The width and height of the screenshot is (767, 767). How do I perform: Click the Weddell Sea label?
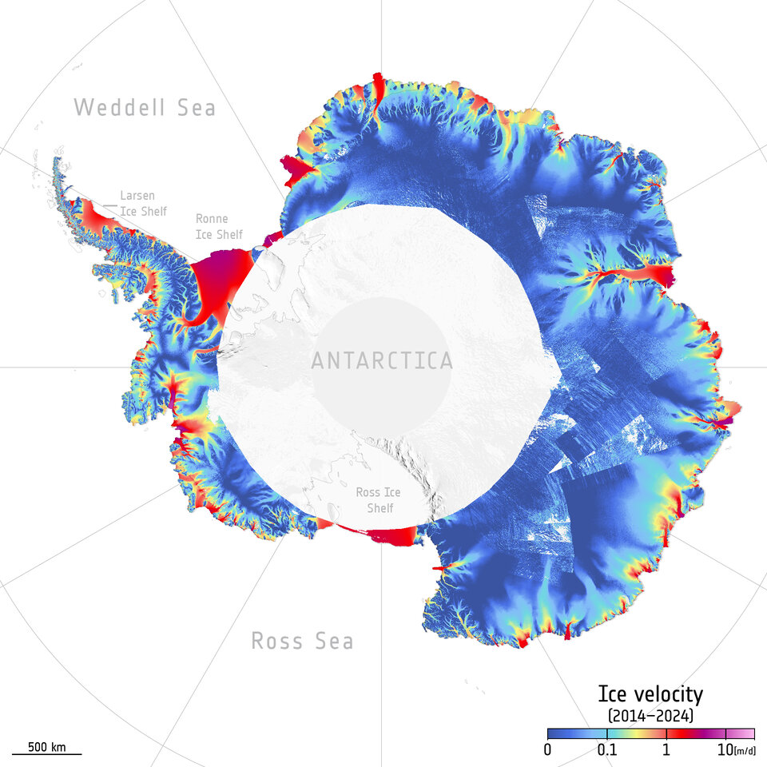[145, 107]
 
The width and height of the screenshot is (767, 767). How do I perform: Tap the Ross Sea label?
[302, 641]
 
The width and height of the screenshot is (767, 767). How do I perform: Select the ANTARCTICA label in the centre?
[381, 361]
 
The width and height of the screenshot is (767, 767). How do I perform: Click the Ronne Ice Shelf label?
[212, 226]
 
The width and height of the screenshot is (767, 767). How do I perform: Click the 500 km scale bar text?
[46, 747]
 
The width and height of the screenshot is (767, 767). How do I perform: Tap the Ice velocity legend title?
[650, 693]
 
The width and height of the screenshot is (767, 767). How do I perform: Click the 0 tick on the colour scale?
[547, 749]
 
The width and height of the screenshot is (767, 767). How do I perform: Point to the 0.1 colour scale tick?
[606, 749]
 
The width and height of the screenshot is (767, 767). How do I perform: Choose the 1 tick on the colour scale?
[666, 749]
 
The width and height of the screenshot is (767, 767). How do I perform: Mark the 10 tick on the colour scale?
[725, 749]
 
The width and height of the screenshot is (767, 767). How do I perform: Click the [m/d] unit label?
[745, 750]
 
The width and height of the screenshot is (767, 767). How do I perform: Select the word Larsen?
[137, 195]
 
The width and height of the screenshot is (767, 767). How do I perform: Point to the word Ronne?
[212, 219]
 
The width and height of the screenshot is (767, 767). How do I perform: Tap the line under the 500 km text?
[46, 754]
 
